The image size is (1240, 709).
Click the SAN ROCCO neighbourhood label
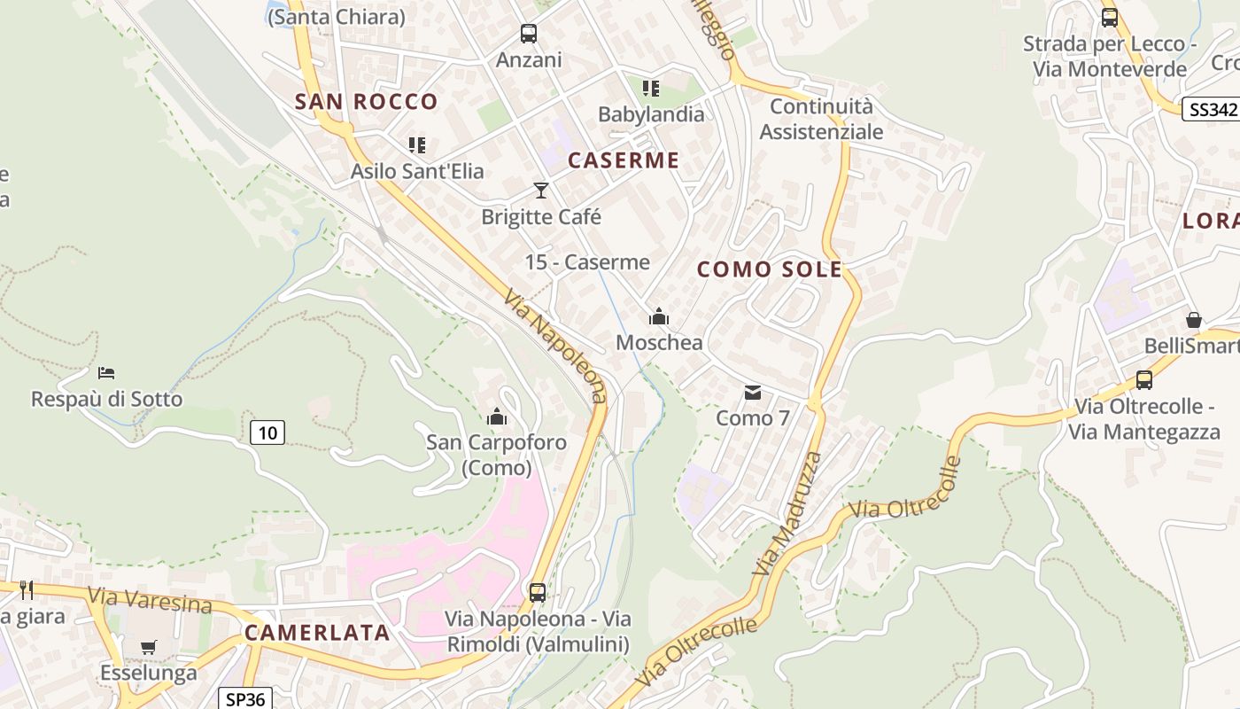point(366,102)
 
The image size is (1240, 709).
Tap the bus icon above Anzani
point(529,34)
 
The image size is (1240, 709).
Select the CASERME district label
point(624,160)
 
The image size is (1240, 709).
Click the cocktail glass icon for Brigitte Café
point(541,190)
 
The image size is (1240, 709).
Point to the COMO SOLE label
point(770,269)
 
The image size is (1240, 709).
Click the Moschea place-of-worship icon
point(659,316)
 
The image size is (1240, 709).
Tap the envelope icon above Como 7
point(753,392)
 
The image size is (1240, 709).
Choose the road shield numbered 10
point(267,432)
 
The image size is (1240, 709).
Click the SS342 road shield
point(1211,109)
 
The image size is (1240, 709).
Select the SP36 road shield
point(244,698)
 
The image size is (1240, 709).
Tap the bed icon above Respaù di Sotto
point(106,373)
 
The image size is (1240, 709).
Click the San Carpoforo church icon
point(497,416)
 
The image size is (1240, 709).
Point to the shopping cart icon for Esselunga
point(148,647)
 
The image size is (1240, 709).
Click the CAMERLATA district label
point(317,633)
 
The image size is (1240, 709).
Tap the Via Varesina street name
point(150,600)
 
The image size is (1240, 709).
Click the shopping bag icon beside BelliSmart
point(1194,320)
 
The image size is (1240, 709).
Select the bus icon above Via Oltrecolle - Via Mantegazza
point(1144,380)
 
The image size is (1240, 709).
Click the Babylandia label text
point(651,114)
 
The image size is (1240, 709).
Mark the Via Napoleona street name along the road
point(556,346)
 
